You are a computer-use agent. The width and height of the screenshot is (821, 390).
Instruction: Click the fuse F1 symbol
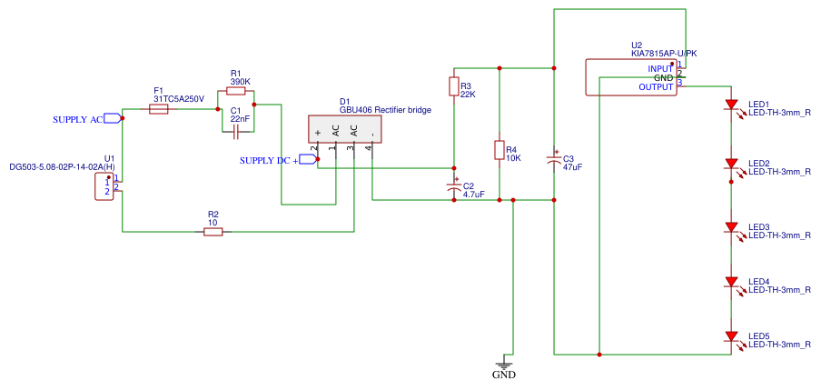tap(159, 109)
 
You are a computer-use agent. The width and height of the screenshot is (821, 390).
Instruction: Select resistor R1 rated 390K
tap(235, 91)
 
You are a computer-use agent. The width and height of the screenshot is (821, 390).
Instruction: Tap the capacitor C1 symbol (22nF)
tap(235, 133)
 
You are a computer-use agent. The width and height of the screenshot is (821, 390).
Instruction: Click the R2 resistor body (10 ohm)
tap(213, 231)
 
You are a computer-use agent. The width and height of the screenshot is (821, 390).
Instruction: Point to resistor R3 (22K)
tap(454, 86)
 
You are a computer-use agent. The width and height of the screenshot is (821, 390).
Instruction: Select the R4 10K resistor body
tap(500, 150)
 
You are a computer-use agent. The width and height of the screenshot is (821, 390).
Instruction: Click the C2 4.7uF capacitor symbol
tap(454, 186)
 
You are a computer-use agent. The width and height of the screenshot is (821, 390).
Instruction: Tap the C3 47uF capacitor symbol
tap(553, 159)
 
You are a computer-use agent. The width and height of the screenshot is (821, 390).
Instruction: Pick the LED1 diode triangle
tap(732, 105)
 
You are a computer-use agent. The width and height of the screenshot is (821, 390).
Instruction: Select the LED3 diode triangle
tap(732, 227)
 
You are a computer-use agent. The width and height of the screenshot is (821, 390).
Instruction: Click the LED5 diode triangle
tap(732, 336)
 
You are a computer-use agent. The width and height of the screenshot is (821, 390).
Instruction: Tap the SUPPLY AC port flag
tap(112, 118)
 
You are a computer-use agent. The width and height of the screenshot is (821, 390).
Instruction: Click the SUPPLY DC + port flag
tap(308, 159)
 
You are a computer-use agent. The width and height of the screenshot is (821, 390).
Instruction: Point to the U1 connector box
tap(104, 186)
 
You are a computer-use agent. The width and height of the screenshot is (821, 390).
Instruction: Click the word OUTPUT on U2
tap(656, 87)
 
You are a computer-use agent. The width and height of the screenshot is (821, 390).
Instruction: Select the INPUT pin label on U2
tap(659, 69)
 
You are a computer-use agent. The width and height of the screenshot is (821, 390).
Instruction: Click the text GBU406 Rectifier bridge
tap(386, 110)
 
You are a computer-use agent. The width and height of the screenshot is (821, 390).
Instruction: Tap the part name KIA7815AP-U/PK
tap(664, 54)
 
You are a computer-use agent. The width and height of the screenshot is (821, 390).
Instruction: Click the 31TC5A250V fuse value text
tap(179, 98)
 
